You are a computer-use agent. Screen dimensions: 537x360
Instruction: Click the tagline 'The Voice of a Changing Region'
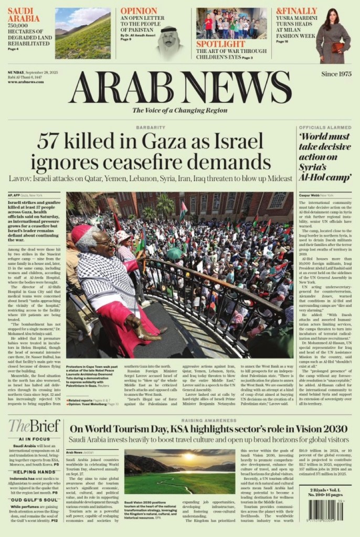(179, 110)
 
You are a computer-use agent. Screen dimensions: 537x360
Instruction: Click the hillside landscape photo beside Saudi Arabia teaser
(83, 33)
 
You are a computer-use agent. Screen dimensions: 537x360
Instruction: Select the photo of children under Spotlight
(231, 23)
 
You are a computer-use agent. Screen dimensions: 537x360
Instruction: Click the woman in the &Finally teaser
(333, 34)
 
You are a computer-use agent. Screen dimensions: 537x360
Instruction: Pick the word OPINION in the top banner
(139, 11)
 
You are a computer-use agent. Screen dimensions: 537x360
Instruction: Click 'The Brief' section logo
(34, 426)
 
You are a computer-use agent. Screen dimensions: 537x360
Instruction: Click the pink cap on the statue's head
(82, 233)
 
